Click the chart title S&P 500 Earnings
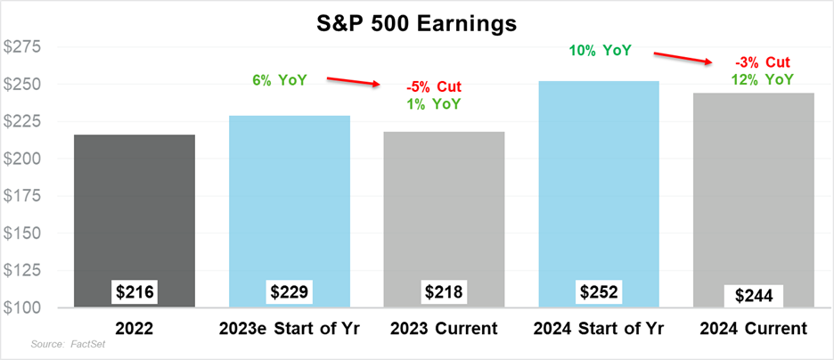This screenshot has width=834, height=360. click(x=418, y=25)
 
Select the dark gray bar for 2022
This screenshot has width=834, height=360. click(x=135, y=221)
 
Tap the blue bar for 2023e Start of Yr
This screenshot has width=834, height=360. click(x=290, y=211)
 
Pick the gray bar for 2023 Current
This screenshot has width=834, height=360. click(x=444, y=219)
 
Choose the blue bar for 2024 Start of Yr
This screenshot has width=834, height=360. click(x=599, y=194)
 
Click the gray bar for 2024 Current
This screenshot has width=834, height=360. click(x=754, y=200)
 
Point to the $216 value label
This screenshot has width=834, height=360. click(x=135, y=292)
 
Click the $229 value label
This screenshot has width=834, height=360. click(x=290, y=292)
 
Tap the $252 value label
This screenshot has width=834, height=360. click(x=600, y=292)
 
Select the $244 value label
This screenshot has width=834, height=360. click(x=754, y=296)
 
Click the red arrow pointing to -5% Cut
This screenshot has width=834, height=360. click(x=354, y=81)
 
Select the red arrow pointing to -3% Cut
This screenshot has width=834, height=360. click(x=683, y=58)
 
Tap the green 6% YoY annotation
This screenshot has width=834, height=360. click(x=280, y=81)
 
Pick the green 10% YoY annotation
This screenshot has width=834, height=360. click(x=600, y=51)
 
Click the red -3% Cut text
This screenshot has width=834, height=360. click(x=764, y=62)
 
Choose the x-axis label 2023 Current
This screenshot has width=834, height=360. click(x=444, y=329)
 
